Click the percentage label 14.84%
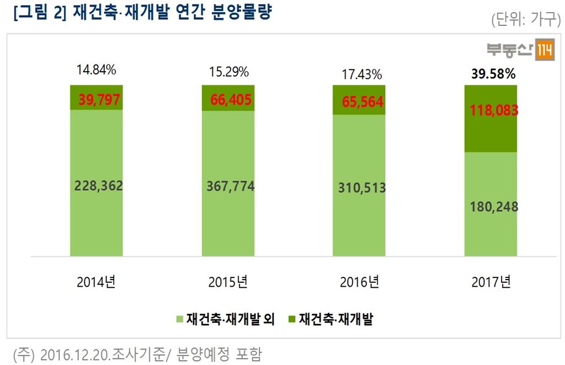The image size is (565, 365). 97,70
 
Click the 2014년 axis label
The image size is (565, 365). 97,282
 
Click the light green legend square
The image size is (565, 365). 179,319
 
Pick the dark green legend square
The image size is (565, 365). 291,319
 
